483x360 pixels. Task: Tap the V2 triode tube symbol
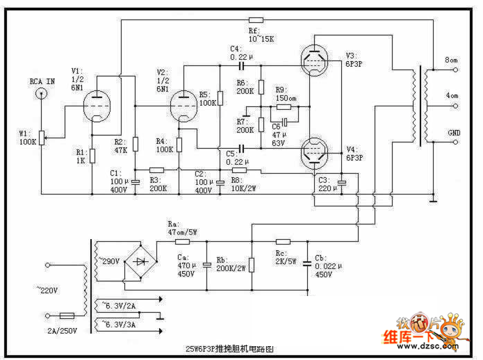185,108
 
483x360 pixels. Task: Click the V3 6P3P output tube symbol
318,58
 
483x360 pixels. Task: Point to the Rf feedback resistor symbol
255,20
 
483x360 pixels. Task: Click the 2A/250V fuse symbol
67,315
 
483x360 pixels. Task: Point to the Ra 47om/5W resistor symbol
183,243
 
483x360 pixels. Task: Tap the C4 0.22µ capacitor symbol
242,67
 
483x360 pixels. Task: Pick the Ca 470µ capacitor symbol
206,265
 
